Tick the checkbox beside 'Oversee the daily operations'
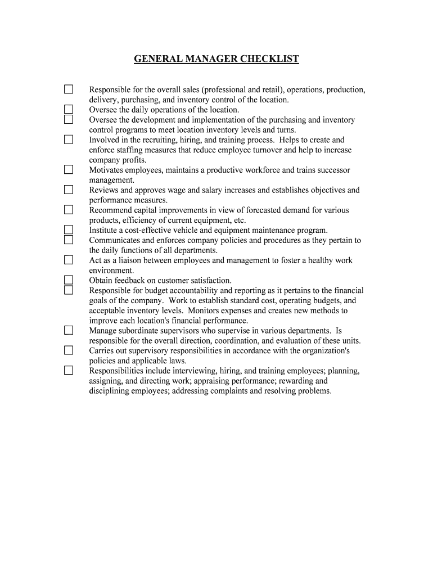tap(68, 109)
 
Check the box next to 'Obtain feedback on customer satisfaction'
tap(68, 280)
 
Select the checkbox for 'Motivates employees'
tap(68, 169)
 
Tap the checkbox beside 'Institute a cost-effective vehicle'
tap(68, 229)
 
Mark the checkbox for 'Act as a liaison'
tap(68, 260)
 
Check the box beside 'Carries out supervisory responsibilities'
tap(68, 350)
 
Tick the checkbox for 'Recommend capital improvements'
tap(68, 210)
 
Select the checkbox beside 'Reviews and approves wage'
tap(68, 190)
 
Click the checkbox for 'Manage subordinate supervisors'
tap(68, 330)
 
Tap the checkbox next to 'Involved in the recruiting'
tap(68, 139)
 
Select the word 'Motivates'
tap(106, 170)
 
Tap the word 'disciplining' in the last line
tap(110, 391)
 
